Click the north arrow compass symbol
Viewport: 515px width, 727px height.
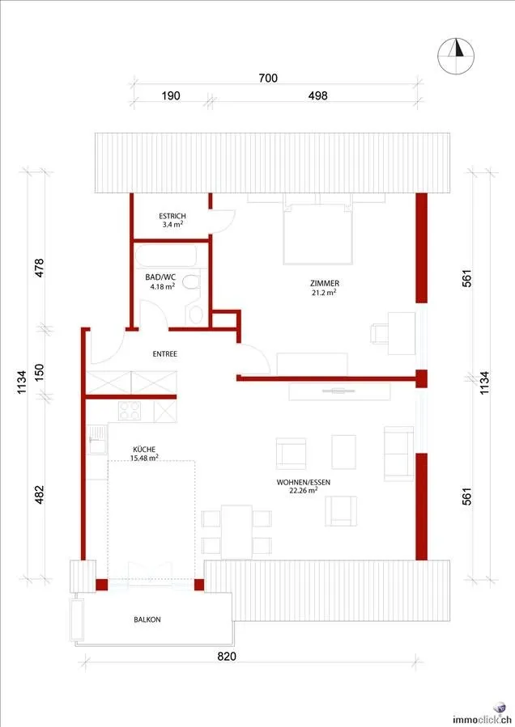point(456,56)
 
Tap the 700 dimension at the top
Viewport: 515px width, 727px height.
point(268,78)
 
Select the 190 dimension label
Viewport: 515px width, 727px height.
point(170,96)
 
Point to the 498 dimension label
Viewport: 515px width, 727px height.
point(317,96)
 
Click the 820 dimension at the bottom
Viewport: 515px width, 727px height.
point(227,656)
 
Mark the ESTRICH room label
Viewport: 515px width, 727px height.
point(172,216)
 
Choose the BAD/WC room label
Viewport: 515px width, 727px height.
point(160,277)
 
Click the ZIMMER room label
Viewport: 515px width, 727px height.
point(325,283)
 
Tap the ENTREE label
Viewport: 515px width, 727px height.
point(165,353)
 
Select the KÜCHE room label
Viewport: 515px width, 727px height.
point(144,450)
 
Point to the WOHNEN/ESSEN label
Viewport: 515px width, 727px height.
point(303,482)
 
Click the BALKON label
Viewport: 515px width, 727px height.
point(147,619)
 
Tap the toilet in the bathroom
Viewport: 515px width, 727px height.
point(191,282)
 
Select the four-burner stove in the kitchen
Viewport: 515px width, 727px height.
point(130,411)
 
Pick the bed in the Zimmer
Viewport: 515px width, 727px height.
point(318,229)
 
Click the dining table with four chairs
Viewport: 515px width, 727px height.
point(236,532)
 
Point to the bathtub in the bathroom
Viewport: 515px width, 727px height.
point(166,256)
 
